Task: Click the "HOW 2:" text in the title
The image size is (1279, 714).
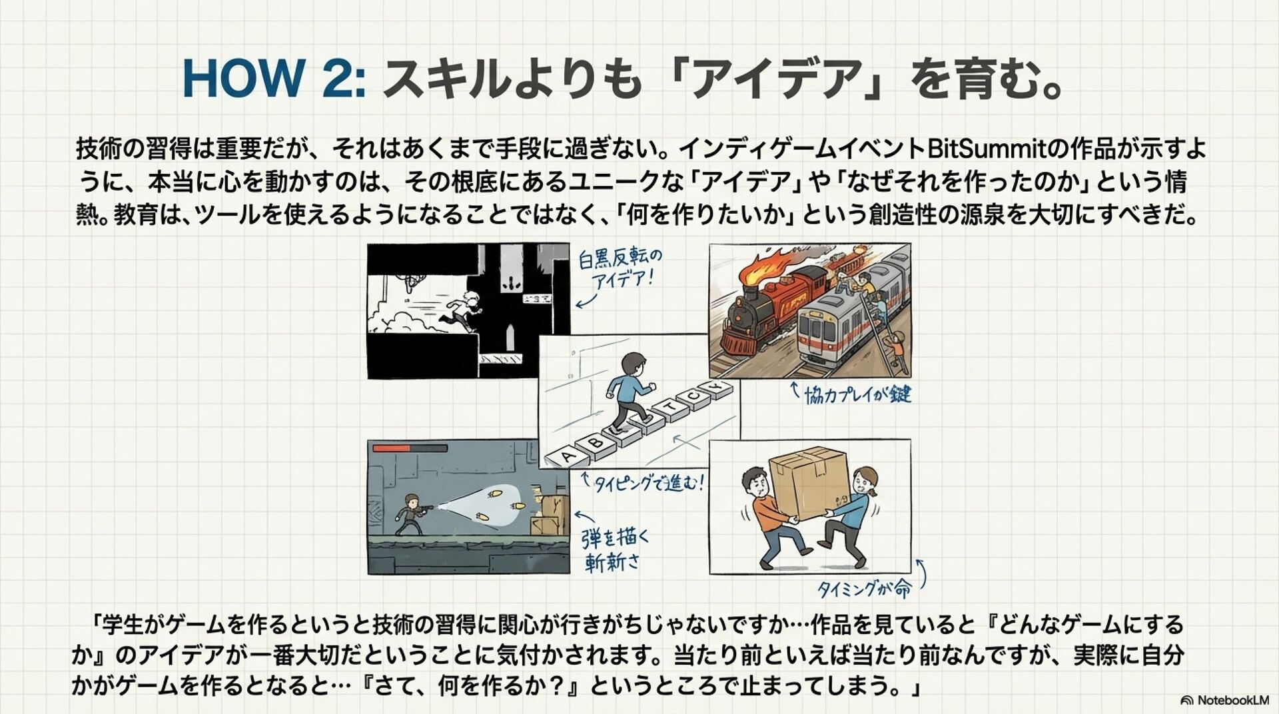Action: point(274,79)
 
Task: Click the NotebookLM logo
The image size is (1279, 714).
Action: point(1224,700)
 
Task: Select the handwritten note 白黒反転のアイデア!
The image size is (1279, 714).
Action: point(620,268)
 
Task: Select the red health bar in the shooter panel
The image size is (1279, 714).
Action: point(391,449)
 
